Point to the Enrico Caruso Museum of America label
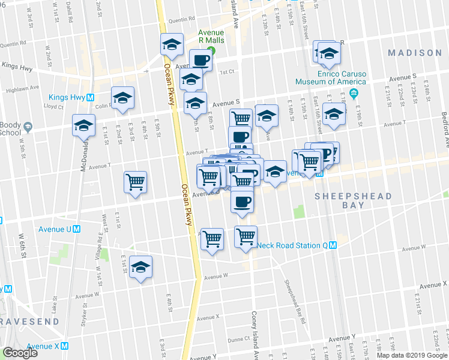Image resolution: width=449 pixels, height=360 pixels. (x=330, y=77)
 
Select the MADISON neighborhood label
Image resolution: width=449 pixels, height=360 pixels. (x=414, y=53)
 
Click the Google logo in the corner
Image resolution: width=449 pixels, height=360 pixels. (x=20, y=353)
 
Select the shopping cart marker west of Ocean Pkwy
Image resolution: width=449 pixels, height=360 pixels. (x=135, y=181)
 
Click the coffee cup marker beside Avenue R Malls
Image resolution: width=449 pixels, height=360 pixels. (x=200, y=59)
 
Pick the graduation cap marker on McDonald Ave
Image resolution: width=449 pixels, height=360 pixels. (x=83, y=125)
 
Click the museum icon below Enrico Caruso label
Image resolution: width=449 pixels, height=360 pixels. (x=354, y=93)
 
